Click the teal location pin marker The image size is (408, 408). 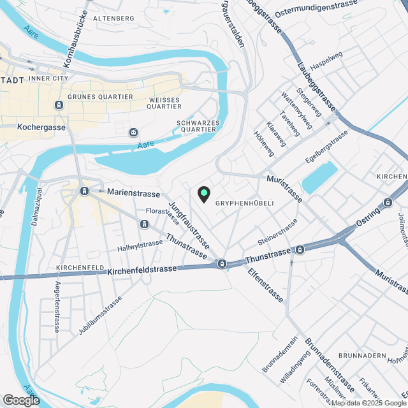(203, 193)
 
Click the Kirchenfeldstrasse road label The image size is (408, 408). (142, 270)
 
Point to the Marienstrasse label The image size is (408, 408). (133, 191)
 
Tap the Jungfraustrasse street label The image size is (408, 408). (189, 225)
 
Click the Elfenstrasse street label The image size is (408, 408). (265, 285)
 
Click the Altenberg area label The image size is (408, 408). (114, 18)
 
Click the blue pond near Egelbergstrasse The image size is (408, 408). (319, 177)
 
